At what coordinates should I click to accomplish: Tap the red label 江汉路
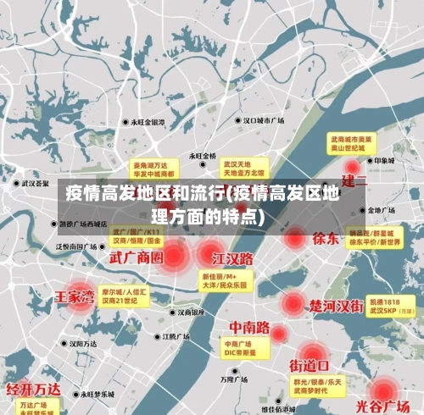coord(232,257)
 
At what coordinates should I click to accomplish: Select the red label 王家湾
coord(75,297)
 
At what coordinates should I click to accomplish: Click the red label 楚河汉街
coord(337,304)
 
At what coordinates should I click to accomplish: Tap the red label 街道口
coord(310,366)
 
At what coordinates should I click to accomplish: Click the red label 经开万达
coord(33,389)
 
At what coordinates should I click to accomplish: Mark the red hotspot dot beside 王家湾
coord(80,296)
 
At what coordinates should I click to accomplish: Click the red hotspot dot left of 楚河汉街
coord(293,303)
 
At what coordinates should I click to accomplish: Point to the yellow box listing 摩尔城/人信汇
coord(125,296)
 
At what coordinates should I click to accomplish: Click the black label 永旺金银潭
coord(153,122)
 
